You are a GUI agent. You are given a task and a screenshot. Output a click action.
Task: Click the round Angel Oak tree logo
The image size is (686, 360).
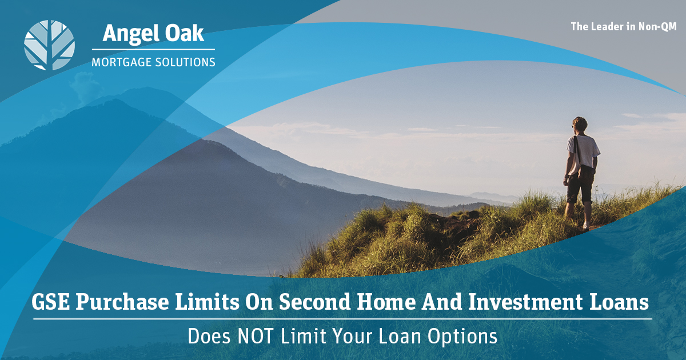(x=49, y=45)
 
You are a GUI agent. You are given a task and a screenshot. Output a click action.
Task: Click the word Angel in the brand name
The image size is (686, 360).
(x=127, y=34)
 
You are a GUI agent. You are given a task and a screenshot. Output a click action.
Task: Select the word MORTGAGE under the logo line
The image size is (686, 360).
(x=121, y=62)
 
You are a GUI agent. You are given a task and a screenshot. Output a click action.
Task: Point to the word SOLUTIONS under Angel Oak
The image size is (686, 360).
(x=185, y=62)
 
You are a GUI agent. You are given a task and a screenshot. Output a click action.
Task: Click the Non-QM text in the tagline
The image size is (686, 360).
(x=657, y=27)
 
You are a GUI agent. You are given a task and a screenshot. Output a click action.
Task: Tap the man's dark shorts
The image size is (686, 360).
(x=580, y=187)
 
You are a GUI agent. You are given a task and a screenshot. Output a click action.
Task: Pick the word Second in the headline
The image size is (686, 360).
(x=314, y=302)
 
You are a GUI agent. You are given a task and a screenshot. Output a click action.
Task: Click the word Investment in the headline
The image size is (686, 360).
(x=526, y=302)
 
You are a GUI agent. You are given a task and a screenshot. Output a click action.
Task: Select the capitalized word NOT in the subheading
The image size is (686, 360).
(x=256, y=336)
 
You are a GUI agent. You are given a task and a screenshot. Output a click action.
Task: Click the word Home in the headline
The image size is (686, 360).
(x=386, y=302)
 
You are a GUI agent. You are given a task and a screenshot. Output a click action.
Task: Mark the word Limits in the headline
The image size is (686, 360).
(x=207, y=302)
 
